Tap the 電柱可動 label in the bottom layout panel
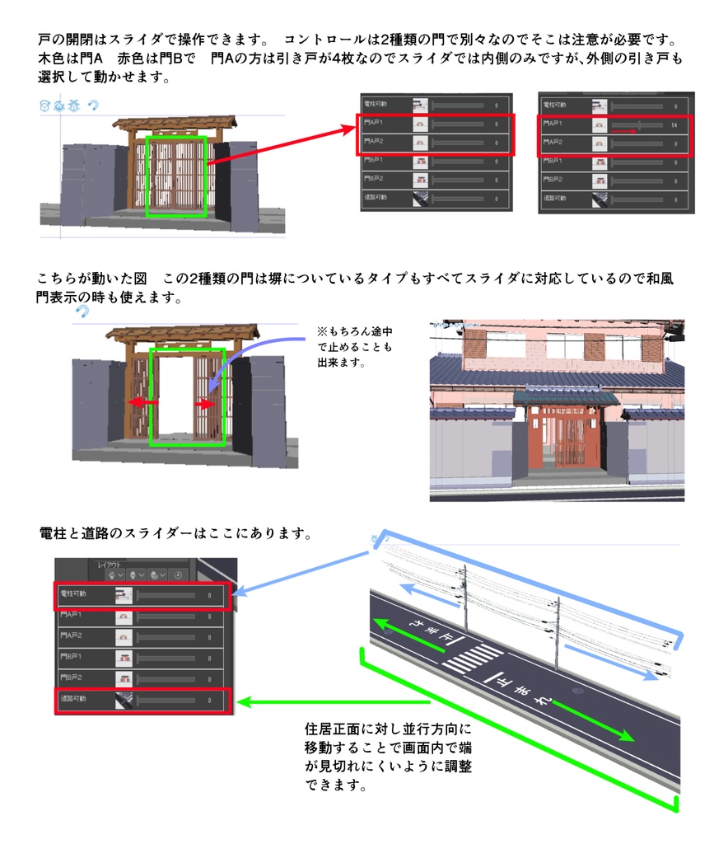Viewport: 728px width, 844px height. (73, 593)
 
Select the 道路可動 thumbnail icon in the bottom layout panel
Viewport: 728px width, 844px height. (124, 700)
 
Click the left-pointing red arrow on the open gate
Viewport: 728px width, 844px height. (141, 403)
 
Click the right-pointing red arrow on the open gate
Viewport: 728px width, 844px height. (206, 405)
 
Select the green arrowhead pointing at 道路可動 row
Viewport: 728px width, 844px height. (242, 703)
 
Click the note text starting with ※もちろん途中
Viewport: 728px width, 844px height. (353, 346)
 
